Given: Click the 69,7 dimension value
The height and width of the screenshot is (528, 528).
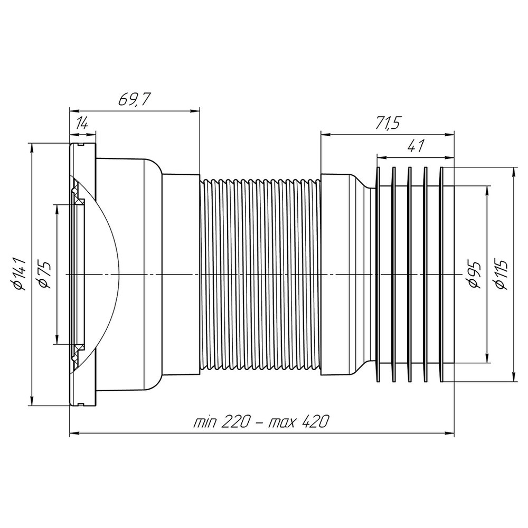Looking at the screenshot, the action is pyautogui.click(x=134, y=99).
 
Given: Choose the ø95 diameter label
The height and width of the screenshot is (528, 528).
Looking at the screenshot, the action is pyautogui.click(x=475, y=274).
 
